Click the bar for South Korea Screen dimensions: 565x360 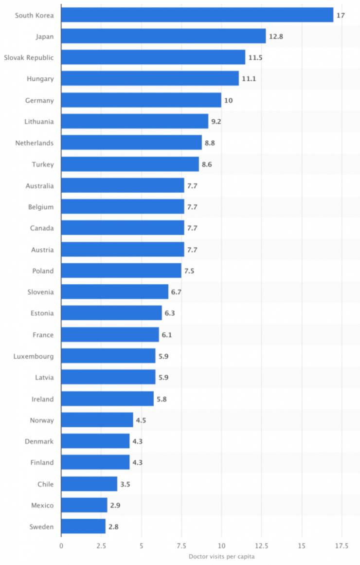click(x=197, y=15)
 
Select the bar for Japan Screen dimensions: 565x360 click(x=163, y=36)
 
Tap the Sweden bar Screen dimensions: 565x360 click(x=83, y=527)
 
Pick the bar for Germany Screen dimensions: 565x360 click(x=141, y=100)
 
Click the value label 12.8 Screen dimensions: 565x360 click(x=276, y=36)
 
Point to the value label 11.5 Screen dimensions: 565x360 click(x=255, y=57)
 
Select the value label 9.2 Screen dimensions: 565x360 click(x=216, y=122)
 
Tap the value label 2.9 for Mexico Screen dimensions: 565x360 click(x=115, y=506)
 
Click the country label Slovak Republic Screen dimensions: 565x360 click(x=29, y=57)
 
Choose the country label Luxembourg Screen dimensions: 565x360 click(x=34, y=356)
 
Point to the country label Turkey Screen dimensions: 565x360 click(x=43, y=164)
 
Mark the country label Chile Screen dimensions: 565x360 click(x=45, y=484)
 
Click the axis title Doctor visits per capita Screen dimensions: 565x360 click(x=221, y=557)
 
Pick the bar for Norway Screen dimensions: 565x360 click(x=97, y=420)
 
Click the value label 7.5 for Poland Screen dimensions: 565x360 click(x=189, y=271)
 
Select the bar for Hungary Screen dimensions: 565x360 click(x=150, y=79)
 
